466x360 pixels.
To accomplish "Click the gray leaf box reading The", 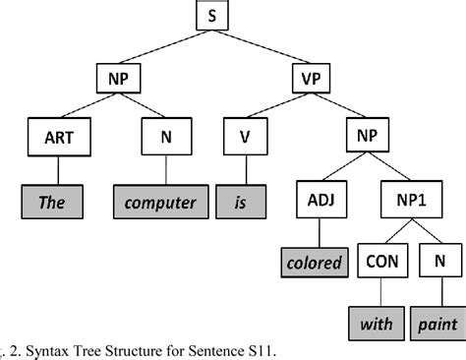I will [51, 203].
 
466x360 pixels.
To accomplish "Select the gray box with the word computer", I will [161, 203].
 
